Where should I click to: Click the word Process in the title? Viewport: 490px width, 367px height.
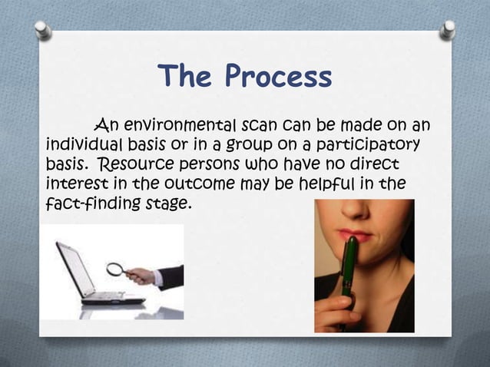(x=280, y=78)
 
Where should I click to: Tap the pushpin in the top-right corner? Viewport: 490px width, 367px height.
(x=447, y=29)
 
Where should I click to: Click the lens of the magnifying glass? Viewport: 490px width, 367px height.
(x=115, y=269)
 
